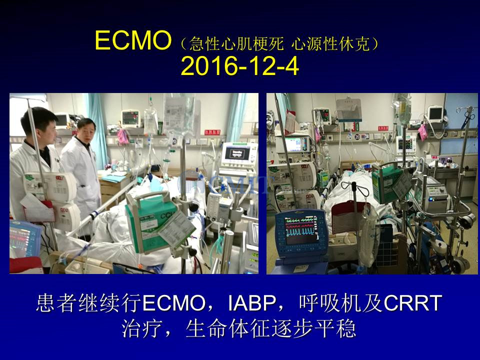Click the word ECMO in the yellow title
point(133,40)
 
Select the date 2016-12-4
point(239,66)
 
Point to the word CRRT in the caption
point(413,303)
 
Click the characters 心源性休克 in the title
point(330,44)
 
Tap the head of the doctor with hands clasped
point(86,129)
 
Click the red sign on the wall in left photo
point(212,132)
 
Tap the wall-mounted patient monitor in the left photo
point(130,118)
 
